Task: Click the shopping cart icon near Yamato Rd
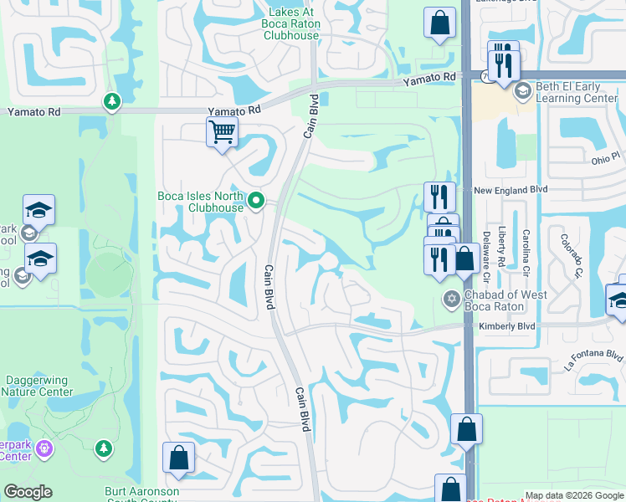[222, 131]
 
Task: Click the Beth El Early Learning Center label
[577, 92]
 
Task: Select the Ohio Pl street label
[606, 157]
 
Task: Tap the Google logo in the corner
[28, 492]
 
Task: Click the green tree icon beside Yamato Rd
[111, 101]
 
